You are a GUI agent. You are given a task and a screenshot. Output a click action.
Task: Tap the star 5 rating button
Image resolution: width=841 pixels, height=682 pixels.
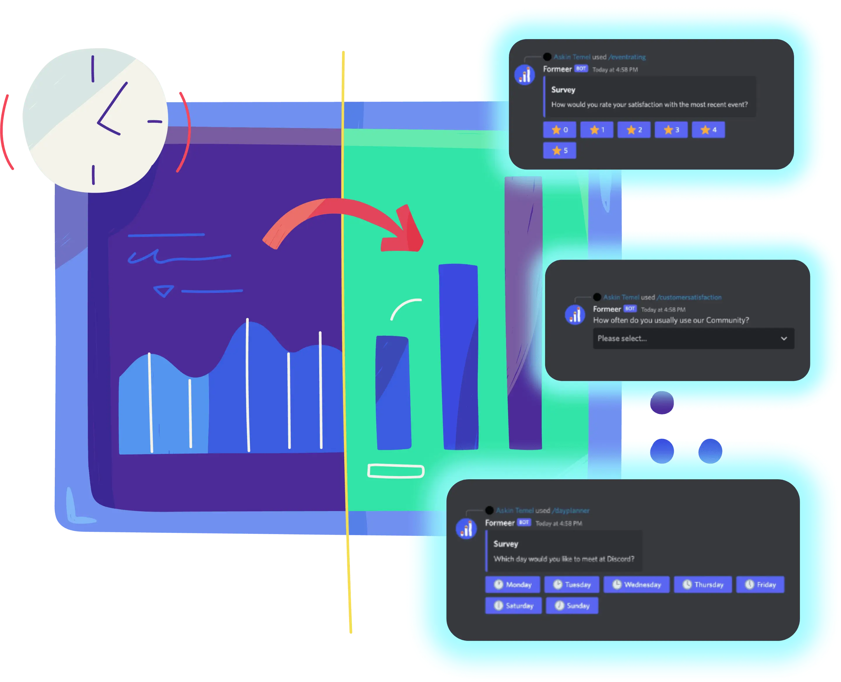pos(559,151)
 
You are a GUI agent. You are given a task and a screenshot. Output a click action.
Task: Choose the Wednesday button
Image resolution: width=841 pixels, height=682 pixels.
pos(636,585)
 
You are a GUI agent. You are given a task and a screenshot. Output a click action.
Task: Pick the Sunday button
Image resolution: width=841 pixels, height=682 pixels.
pos(572,605)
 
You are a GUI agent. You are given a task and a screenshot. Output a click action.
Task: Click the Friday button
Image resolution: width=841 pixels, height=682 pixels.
pos(760,585)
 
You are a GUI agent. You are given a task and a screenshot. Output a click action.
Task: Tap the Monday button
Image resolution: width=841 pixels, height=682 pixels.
pos(512,585)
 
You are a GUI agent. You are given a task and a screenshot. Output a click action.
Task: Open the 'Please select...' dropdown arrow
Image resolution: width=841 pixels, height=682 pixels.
pos(784,338)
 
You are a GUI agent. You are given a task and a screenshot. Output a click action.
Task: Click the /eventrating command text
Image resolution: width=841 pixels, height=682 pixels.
pos(627,57)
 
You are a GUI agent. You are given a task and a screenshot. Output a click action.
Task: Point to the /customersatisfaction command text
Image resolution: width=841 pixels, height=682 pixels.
pos(689,298)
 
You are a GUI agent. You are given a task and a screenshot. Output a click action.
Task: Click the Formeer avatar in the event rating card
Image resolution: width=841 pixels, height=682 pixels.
pos(524,74)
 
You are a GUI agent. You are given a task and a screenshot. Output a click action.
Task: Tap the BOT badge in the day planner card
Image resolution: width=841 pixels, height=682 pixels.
pos(524,522)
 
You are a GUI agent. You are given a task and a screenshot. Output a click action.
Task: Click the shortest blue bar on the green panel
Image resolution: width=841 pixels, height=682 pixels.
pos(393,393)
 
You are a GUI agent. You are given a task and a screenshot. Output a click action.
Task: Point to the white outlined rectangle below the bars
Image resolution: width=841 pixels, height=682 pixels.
pos(396,471)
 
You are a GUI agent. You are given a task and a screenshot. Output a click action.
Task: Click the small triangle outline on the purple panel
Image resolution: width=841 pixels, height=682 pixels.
pos(163,291)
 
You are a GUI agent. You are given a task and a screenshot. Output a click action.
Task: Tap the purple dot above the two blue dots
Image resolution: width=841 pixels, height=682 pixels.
pos(662,403)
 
